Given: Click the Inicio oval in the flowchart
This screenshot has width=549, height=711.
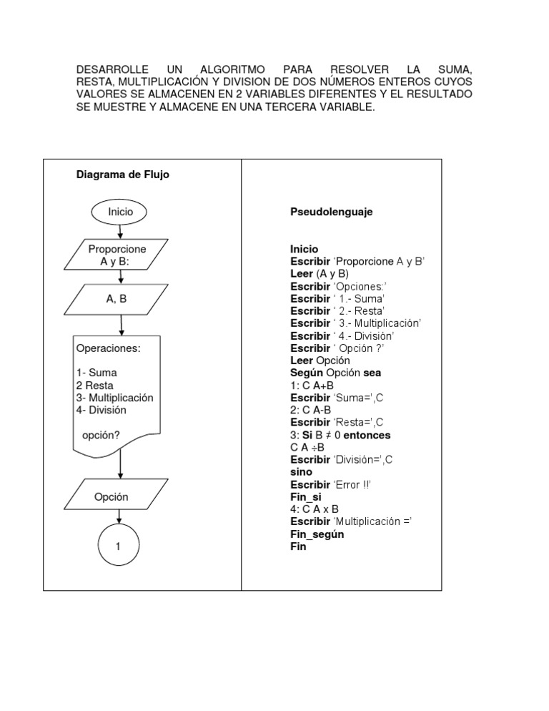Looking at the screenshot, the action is point(120,212).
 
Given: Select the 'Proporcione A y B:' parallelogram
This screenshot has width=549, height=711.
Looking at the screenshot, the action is point(117,255).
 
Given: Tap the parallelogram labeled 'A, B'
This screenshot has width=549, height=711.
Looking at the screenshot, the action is point(117,300).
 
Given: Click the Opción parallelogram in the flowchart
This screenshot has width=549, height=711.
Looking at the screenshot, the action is point(112,496).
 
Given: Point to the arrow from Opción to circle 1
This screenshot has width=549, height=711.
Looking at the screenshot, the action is point(119,518).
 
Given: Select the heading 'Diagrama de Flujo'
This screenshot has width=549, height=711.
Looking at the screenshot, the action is point(123,175).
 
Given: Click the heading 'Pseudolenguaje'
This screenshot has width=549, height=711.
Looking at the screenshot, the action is point(331,212).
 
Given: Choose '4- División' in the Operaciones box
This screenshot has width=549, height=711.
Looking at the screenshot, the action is point(101,410).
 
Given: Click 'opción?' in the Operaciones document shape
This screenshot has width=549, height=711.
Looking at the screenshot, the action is point(101,435).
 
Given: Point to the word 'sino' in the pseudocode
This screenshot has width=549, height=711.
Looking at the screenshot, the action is point(301,472).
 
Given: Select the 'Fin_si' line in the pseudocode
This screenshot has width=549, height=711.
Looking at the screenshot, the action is point(305,496).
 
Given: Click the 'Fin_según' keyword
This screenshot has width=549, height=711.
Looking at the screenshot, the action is point(322,534).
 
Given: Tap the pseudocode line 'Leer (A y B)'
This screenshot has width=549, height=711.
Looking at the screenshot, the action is point(319,274).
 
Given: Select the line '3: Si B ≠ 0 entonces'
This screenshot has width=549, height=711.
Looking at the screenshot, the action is point(340,435).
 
